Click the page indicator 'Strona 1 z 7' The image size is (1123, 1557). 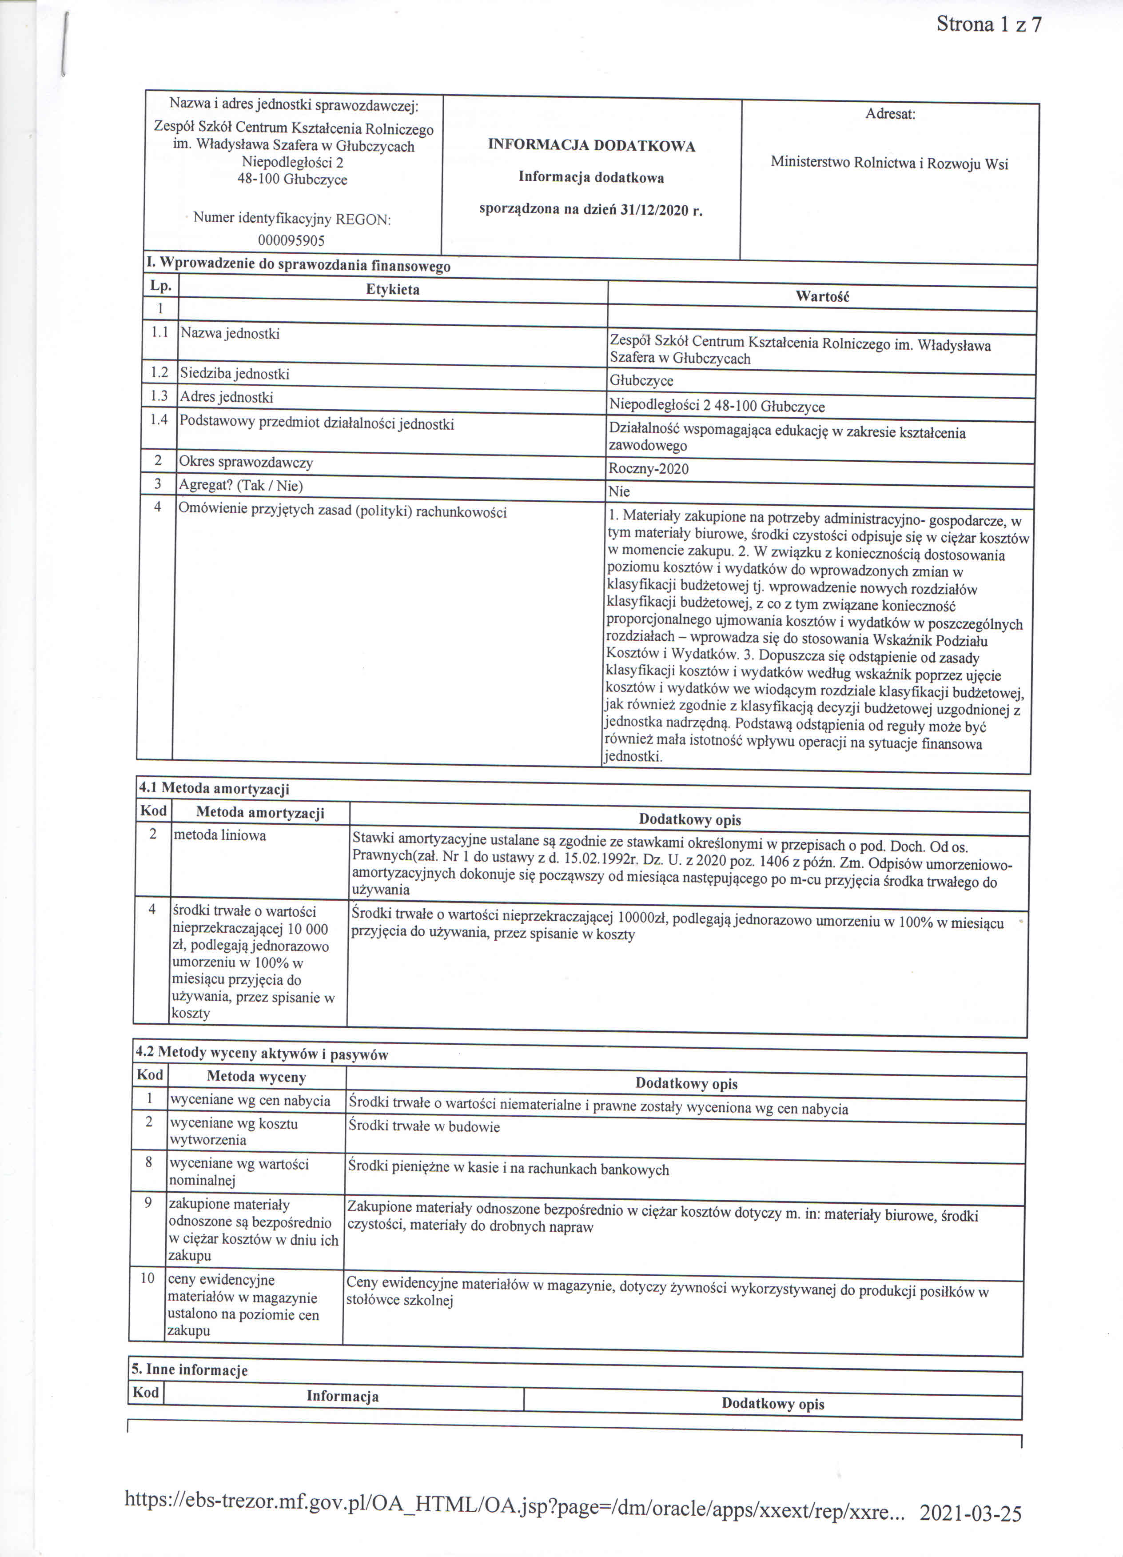coord(988,25)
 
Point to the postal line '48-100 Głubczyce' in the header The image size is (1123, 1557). coord(292,180)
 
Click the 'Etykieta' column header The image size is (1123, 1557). coord(393,290)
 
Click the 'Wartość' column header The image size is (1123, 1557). coord(822,296)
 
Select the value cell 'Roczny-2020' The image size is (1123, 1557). coord(648,469)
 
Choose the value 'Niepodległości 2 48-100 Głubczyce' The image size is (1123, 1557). coord(717,407)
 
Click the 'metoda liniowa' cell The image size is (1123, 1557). coord(219,835)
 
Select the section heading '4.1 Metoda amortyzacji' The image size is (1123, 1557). coord(214,789)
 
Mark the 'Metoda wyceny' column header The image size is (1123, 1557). coord(256,1077)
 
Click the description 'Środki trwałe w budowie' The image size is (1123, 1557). coord(423,1126)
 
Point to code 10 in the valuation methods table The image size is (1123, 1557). coord(147,1278)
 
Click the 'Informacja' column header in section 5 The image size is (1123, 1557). coord(342,1396)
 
